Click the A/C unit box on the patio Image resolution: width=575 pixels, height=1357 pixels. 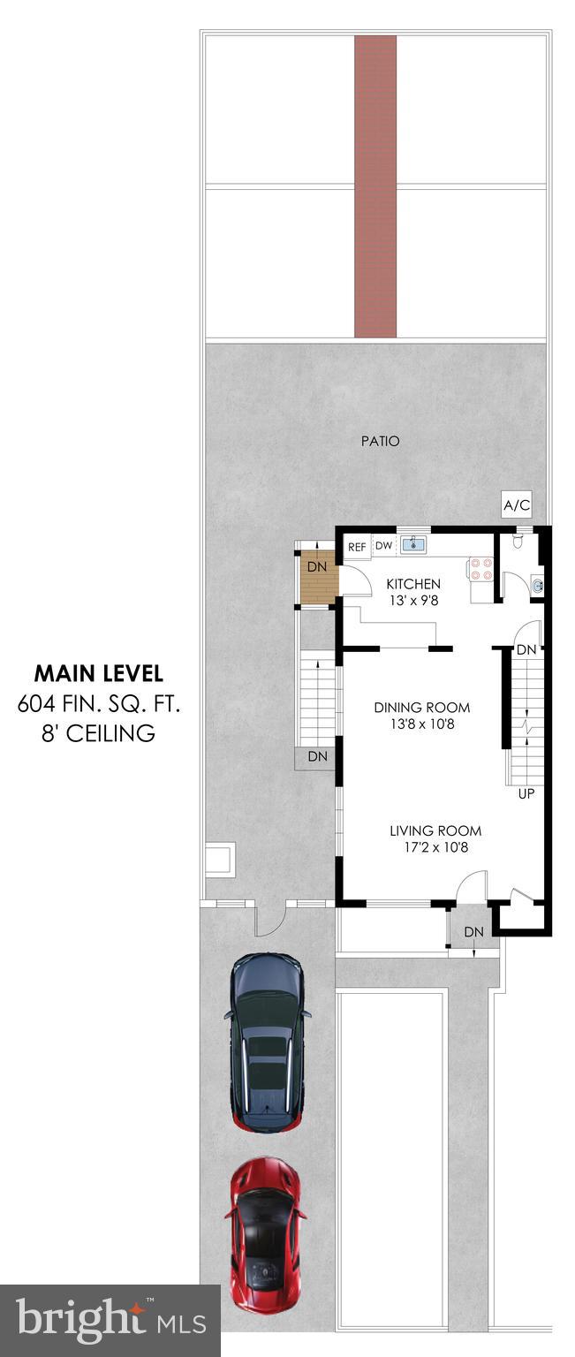tap(517, 506)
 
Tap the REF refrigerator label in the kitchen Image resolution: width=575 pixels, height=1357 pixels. tap(357, 547)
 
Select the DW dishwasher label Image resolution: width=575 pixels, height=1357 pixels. tap(383, 546)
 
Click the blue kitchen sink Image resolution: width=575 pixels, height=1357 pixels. tap(413, 545)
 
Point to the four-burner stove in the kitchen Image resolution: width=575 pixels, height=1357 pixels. tap(480, 568)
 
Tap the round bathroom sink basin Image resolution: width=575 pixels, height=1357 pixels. tap(538, 584)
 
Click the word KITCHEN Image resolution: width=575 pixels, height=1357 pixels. tap(413, 584)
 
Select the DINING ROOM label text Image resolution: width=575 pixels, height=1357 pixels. tap(421, 707)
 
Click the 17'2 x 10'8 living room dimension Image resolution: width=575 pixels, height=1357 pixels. tap(435, 847)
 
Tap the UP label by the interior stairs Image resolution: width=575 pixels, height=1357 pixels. tap(526, 793)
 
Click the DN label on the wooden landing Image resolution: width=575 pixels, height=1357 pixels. tap(317, 566)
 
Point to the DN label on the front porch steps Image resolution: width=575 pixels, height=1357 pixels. tap(474, 931)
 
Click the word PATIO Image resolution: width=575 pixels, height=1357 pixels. tap(380, 440)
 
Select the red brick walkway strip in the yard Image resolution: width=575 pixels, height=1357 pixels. tap(375, 186)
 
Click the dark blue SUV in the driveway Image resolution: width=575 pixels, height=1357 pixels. tap(268, 1042)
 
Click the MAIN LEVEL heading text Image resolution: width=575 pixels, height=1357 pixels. tap(98, 673)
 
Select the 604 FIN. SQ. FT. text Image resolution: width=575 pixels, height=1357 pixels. tap(98, 704)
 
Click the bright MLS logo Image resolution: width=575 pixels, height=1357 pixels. tap(110, 1321)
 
